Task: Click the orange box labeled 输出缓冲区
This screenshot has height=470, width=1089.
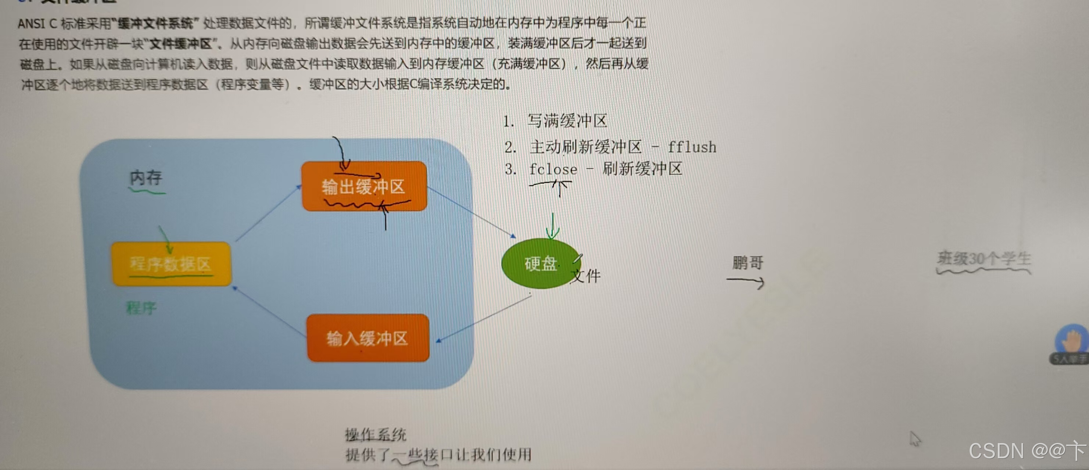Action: pos(364,186)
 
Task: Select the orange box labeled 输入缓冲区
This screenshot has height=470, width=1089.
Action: pos(368,338)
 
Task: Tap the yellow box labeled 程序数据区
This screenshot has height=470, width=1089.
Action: pos(171,264)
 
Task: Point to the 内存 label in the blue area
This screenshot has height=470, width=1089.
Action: pos(146,178)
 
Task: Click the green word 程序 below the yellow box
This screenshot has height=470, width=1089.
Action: pos(141,307)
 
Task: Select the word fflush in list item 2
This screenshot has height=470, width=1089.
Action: pos(692,147)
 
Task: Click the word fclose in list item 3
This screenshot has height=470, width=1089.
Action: pos(553,169)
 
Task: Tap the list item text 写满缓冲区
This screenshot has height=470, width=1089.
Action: pos(567,121)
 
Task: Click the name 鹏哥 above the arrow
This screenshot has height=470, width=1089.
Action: pos(748,262)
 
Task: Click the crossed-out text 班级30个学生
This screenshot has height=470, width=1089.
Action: pos(984,258)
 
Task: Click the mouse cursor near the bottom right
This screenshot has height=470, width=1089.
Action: pos(915,438)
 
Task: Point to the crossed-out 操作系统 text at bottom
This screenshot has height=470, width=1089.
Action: pos(375,434)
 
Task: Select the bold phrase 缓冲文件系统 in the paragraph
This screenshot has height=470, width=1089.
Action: pos(155,23)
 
